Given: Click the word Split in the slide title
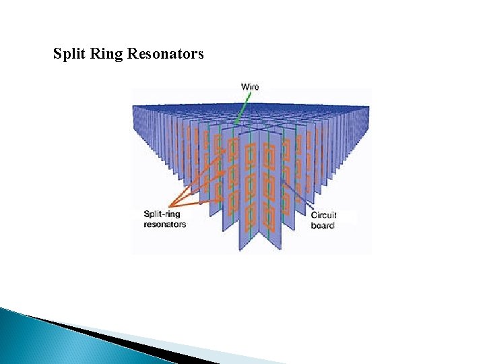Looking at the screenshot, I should pos(69,53).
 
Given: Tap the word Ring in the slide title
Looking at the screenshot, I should pos(104,53).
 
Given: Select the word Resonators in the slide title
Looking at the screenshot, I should pos(164,53).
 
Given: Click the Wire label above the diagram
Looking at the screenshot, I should pos(250,87).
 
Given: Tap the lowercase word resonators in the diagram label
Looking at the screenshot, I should pos(164,224).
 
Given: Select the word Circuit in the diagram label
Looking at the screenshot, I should pos(323,216).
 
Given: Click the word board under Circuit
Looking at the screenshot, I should pos(322,226).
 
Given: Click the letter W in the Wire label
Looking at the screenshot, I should pos(245,87).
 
